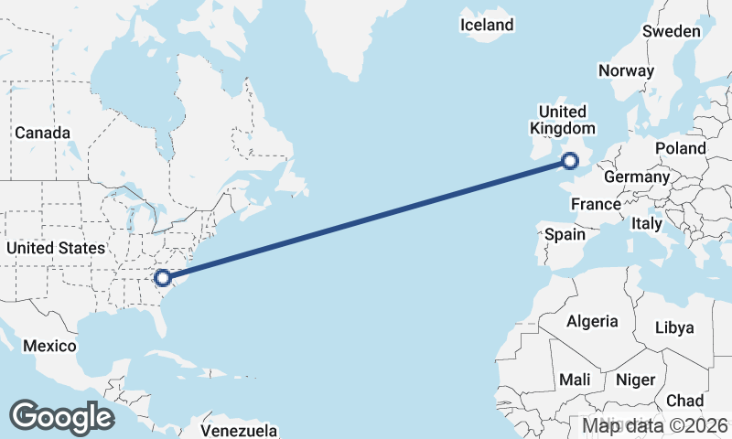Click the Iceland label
click(487, 25)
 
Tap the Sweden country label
click(671, 31)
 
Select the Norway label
click(626, 70)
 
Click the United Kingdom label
click(563, 119)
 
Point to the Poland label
click(680, 148)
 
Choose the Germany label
click(637, 177)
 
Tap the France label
click(596, 204)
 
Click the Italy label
click(646, 223)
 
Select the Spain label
click(565, 234)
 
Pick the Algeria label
click(592, 321)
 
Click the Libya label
click(674, 327)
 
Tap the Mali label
click(575, 379)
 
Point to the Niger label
click(635, 379)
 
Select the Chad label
click(684, 401)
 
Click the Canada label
click(42, 133)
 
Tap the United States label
click(55, 248)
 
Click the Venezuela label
click(239, 429)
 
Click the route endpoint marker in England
click(570, 162)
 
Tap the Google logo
click(61, 417)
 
